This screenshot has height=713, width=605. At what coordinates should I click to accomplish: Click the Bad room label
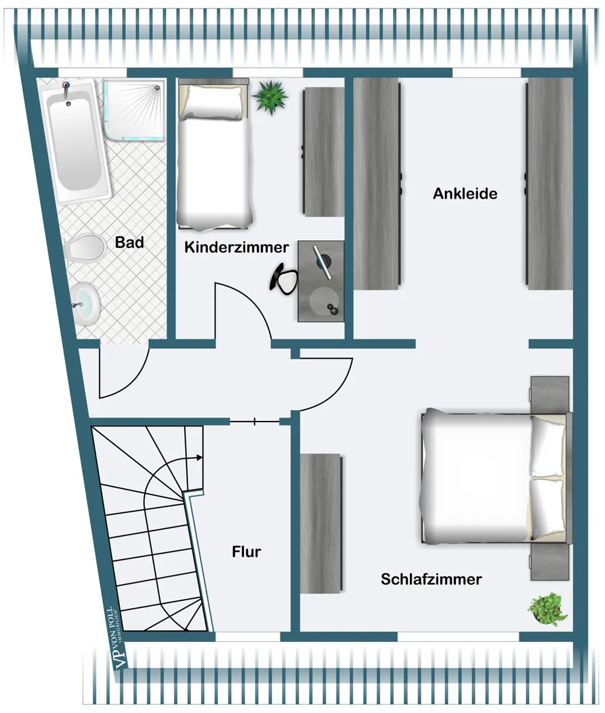click(129, 242)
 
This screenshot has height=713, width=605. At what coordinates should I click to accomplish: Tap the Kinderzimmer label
click(237, 248)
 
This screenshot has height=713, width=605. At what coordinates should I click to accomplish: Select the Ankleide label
click(465, 194)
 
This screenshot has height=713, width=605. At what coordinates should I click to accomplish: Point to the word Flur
click(246, 552)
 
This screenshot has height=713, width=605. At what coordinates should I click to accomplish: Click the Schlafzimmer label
click(432, 579)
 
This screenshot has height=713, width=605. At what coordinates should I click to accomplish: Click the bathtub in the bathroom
click(75, 141)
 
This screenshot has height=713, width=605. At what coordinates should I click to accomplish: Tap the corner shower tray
click(134, 110)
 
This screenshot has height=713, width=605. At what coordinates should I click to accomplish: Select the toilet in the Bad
click(83, 248)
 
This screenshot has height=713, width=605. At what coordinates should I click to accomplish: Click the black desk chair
click(283, 278)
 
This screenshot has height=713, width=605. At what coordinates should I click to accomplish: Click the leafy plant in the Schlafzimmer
click(548, 609)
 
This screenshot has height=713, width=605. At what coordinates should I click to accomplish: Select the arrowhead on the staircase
click(199, 458)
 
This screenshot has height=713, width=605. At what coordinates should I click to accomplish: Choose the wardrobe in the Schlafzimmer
click(320, 523)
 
